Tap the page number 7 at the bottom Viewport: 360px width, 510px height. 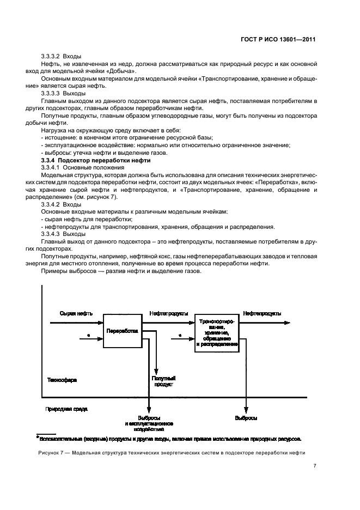[315, 466]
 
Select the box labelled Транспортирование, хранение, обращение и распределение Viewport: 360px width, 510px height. [217, 332]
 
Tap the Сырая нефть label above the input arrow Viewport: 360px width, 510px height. [76, 314]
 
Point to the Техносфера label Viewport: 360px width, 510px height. [62, 380]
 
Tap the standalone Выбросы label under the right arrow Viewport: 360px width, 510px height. [246, 418]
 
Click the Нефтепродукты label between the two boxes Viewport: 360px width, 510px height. [169, 314]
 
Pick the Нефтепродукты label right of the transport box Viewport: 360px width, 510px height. [262, 314]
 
